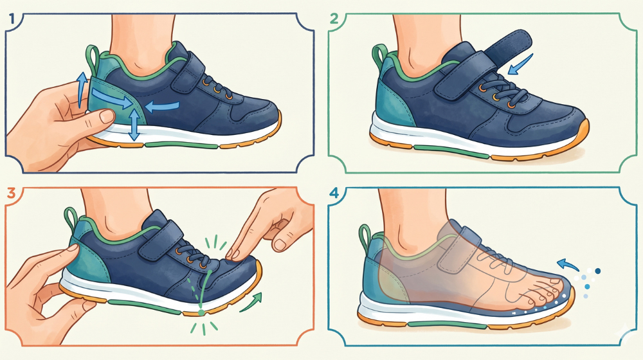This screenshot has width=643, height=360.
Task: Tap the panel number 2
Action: (x=334, y=19)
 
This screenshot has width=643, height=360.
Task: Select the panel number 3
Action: (x=11, y=193)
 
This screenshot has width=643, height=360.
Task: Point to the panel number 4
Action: (x=334, y=193)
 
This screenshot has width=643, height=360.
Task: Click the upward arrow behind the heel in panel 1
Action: (x=82, y=89)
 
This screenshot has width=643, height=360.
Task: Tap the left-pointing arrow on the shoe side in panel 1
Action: (x=163, y=106)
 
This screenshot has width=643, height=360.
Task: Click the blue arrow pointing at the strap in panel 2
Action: (x=521, y=64)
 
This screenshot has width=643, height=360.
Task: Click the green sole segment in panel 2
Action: (x=451, y=151)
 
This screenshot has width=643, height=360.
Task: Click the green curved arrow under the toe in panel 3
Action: (x=251, y=301)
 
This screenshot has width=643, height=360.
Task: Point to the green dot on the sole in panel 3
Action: (x=201, y=313)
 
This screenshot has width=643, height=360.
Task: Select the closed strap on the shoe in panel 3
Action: (x=161, y=242)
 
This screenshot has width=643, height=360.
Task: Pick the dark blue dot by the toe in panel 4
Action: (x=598, y=271)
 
